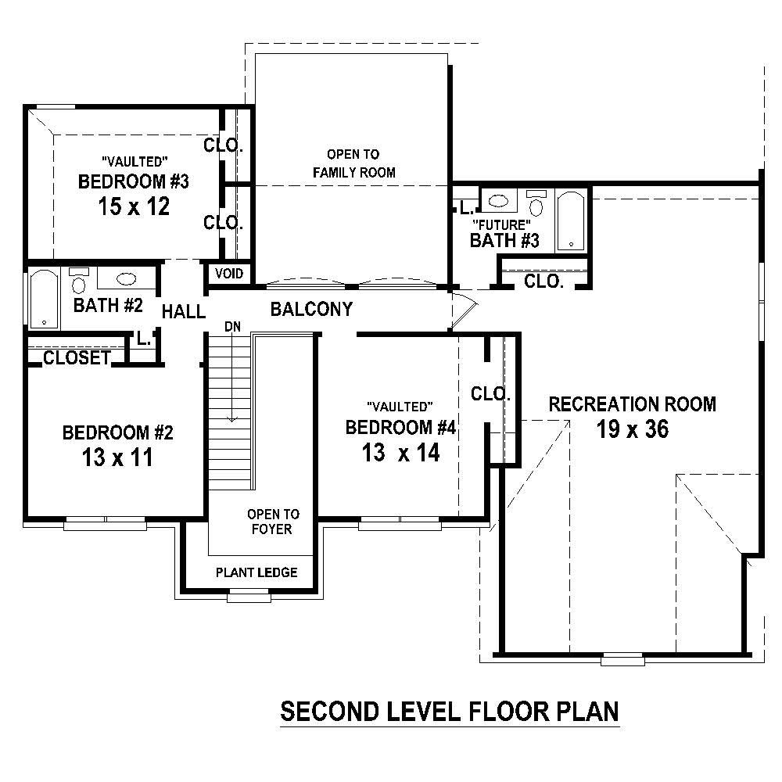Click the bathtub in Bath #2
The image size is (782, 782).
coord(44,299)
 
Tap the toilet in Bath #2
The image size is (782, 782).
coord(78,281)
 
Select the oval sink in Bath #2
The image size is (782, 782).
coord(126,278)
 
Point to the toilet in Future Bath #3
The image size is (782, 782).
coord(536,203)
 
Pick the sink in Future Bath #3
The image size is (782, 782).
coord(498,201)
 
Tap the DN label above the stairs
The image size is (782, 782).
coord(232,326)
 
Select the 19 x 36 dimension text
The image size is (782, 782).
coord(632,429)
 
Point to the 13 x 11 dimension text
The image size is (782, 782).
coord(117,457)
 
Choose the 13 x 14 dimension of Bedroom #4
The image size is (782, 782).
coord(400,452)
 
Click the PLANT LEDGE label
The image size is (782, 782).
coord(256,572)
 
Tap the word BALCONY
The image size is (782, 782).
coord(311,309)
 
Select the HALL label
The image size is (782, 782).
coord(183,312)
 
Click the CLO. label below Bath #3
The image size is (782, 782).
coord(543,282)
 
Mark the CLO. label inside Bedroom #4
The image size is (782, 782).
coord(490,394)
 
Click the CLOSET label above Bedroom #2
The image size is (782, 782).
coord(77,358)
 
